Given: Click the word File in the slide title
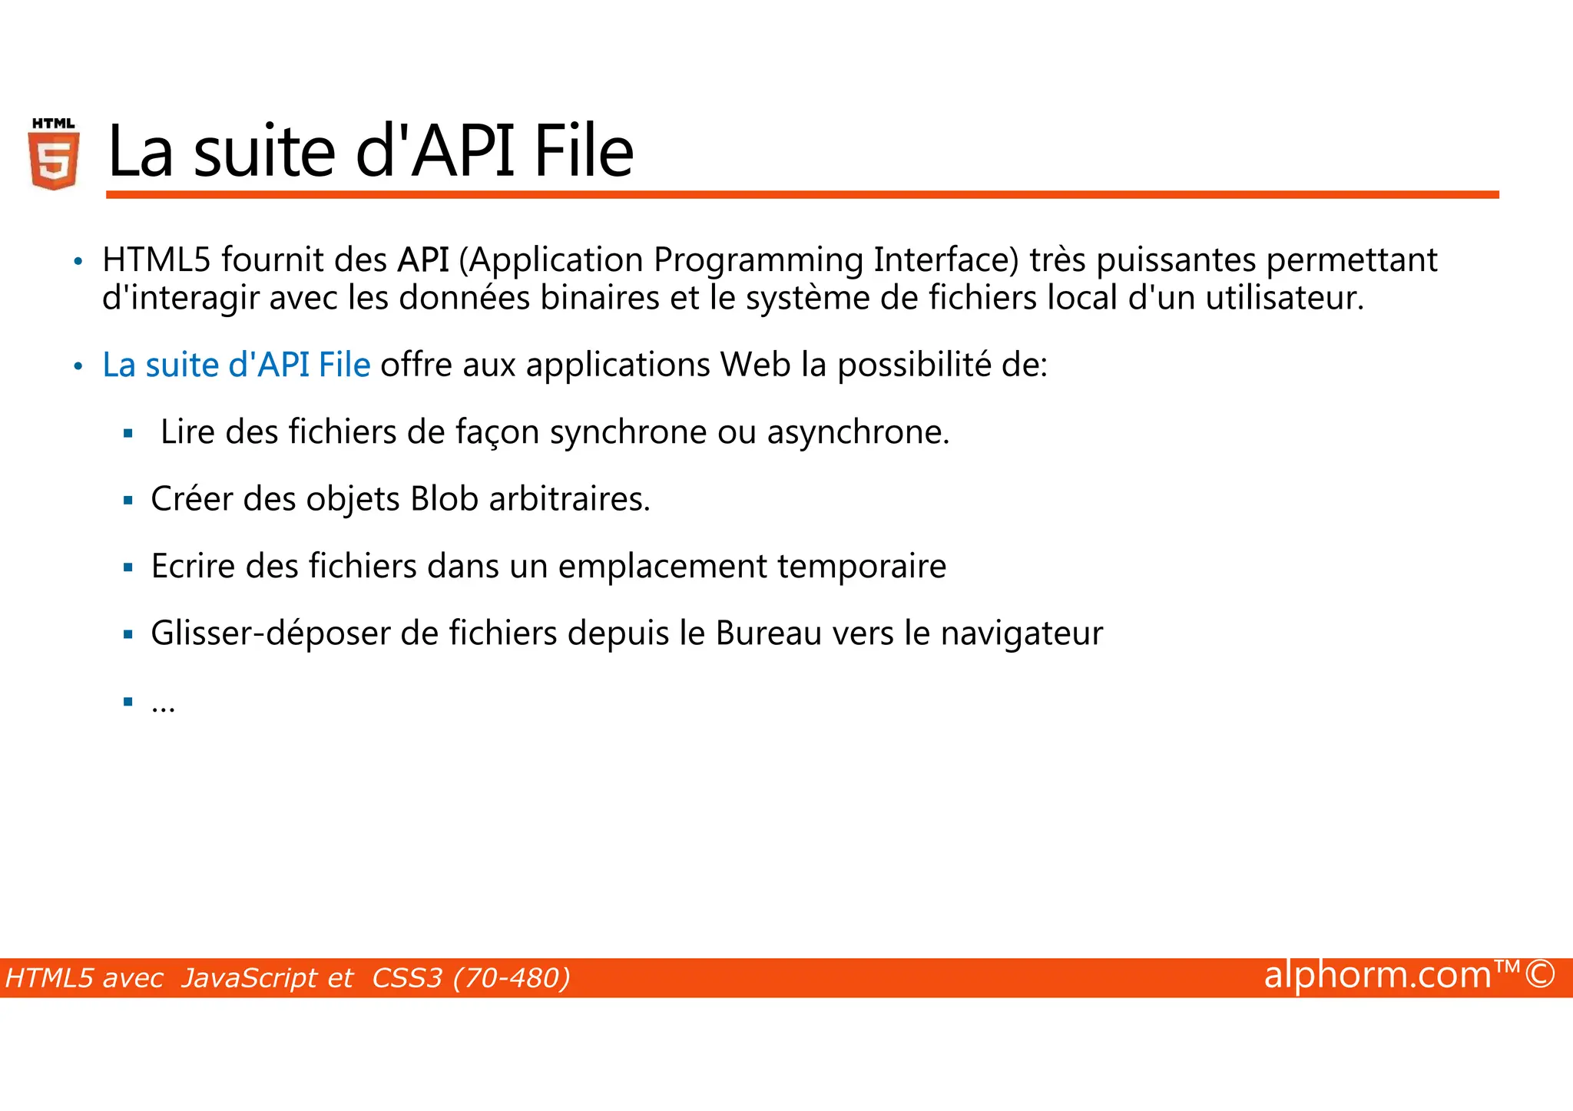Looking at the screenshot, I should click(584, 151).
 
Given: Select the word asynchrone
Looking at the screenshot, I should click(857, 432).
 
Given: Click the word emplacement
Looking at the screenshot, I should click(662, 567).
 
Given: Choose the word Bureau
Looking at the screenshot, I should click(769, 633).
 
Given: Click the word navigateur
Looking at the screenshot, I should click(1022, 634).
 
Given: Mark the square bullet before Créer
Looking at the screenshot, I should click(128, 501).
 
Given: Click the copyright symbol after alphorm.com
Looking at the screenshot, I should click(1540, 975).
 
